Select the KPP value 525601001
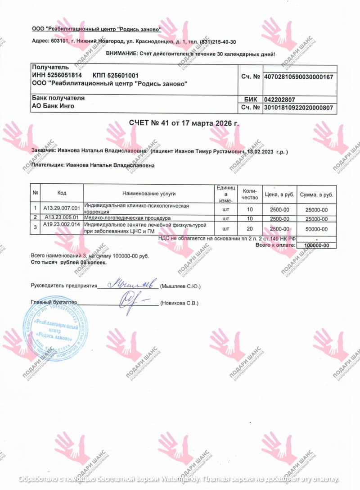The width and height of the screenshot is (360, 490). pyautogui.click(x=123, y=76)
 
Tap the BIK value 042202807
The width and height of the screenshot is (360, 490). pyautogui.click(x=280, y=100)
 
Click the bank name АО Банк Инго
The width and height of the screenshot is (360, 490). pyautogui.click(x=53, y=106)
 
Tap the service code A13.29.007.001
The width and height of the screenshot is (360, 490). pyautogui.click(x=62, y=208)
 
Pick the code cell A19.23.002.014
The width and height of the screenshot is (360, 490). pyautogui.click(x=62, y=224)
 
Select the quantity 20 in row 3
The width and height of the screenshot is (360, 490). pyautogui.click(x=250, y=228)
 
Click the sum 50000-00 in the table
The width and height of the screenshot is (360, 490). pyautogui.click(x=317, y=228)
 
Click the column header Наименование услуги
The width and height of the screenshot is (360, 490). pyautogui.click(x=148, y=194)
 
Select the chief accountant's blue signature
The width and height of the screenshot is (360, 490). pyautogui.click(x=134, y=299)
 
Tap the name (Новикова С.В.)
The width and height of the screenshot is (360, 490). pyautogui.click(x=179, y=304)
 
